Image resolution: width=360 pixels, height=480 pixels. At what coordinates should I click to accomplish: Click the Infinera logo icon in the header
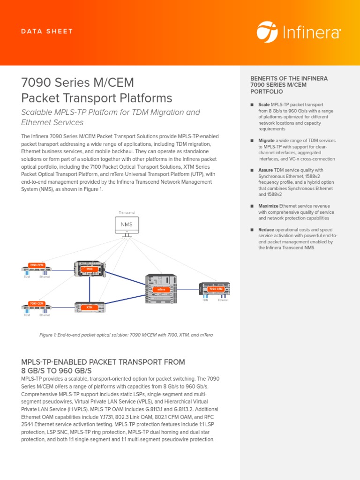coord(267,31)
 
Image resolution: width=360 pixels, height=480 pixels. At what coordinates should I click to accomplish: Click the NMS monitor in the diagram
coord(127,225)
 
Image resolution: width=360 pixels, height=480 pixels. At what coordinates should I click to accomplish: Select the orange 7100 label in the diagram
coord(89,270)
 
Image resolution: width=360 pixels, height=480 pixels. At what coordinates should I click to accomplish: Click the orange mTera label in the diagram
coord(161,290)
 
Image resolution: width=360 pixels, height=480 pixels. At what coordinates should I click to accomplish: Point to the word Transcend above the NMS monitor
coord(127,213)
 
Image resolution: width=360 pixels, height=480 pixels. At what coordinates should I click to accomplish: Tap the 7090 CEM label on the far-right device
coord(215,289)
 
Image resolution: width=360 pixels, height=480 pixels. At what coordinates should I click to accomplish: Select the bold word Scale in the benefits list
coord(264,105)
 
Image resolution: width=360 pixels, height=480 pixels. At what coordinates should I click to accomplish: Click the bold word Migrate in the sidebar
coord(266,141)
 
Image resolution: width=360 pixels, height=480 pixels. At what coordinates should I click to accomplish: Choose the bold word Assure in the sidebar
coord(265,170)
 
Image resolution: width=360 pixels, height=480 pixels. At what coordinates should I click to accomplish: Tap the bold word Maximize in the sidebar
coord(268,206)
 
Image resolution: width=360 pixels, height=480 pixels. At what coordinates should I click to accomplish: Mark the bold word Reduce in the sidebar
coord(266,230)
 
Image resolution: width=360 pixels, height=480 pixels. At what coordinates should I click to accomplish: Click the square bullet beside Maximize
coord(252,206)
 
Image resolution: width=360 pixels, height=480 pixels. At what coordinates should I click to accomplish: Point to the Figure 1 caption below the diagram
coord(123,335)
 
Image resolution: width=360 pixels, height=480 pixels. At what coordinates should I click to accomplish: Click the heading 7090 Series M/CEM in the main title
coord(78,82)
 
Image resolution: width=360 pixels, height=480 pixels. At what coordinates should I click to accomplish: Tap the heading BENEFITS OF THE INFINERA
coord(289,78)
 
